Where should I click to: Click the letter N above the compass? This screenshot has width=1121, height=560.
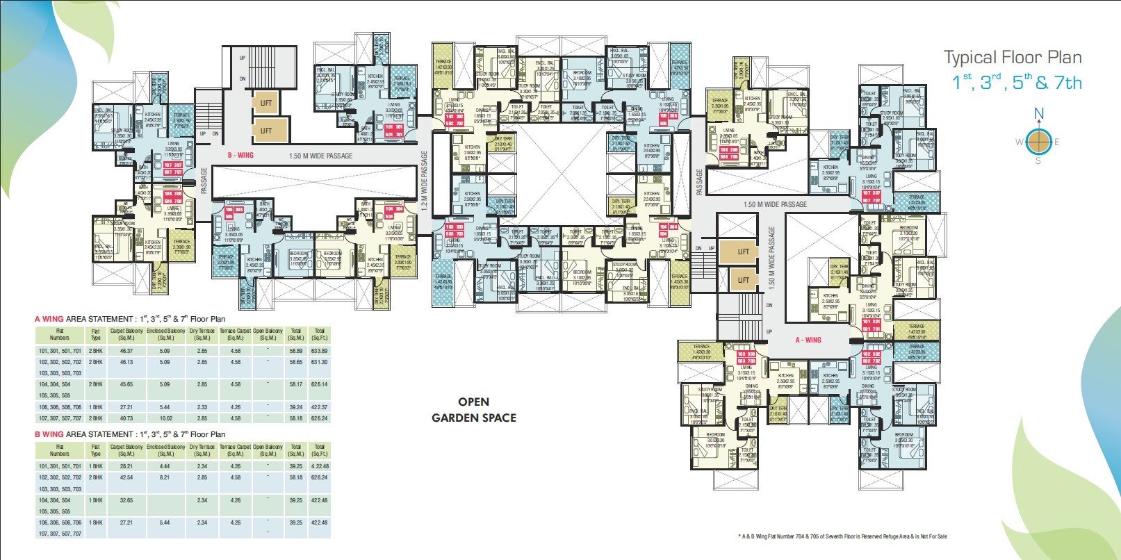click(x=1039, y=113)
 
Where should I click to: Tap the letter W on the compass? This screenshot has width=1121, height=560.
click(x=1020, y=142)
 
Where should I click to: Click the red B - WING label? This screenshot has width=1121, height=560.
click(x=246, y=156)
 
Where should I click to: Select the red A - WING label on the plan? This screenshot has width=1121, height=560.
click(x=808, y=340)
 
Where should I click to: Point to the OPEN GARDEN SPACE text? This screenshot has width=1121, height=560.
click(x=474, y=410)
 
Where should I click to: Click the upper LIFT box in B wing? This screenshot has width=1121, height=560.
click(x=266, y=103)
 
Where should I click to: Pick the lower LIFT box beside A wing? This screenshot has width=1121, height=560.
click(x=743, y=280)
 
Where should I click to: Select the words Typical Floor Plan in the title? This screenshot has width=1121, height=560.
click(x=1012, y=58)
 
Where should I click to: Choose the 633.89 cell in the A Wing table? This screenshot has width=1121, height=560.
click(x=319, y=351)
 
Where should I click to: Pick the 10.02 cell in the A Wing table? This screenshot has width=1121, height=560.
click(x=165, y=418)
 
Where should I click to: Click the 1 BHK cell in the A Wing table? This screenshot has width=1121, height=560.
click(x=96, y=407)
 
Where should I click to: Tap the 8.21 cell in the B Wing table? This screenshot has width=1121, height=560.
click(x=165, y=477)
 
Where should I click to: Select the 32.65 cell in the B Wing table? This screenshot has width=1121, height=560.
click(x=126, y=500)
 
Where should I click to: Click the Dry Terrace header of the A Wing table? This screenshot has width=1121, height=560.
click(x=202, y=334)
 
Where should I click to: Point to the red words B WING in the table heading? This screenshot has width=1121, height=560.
click(x=49, y=434)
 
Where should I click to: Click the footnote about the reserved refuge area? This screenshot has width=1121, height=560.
click(x=842, y=536)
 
